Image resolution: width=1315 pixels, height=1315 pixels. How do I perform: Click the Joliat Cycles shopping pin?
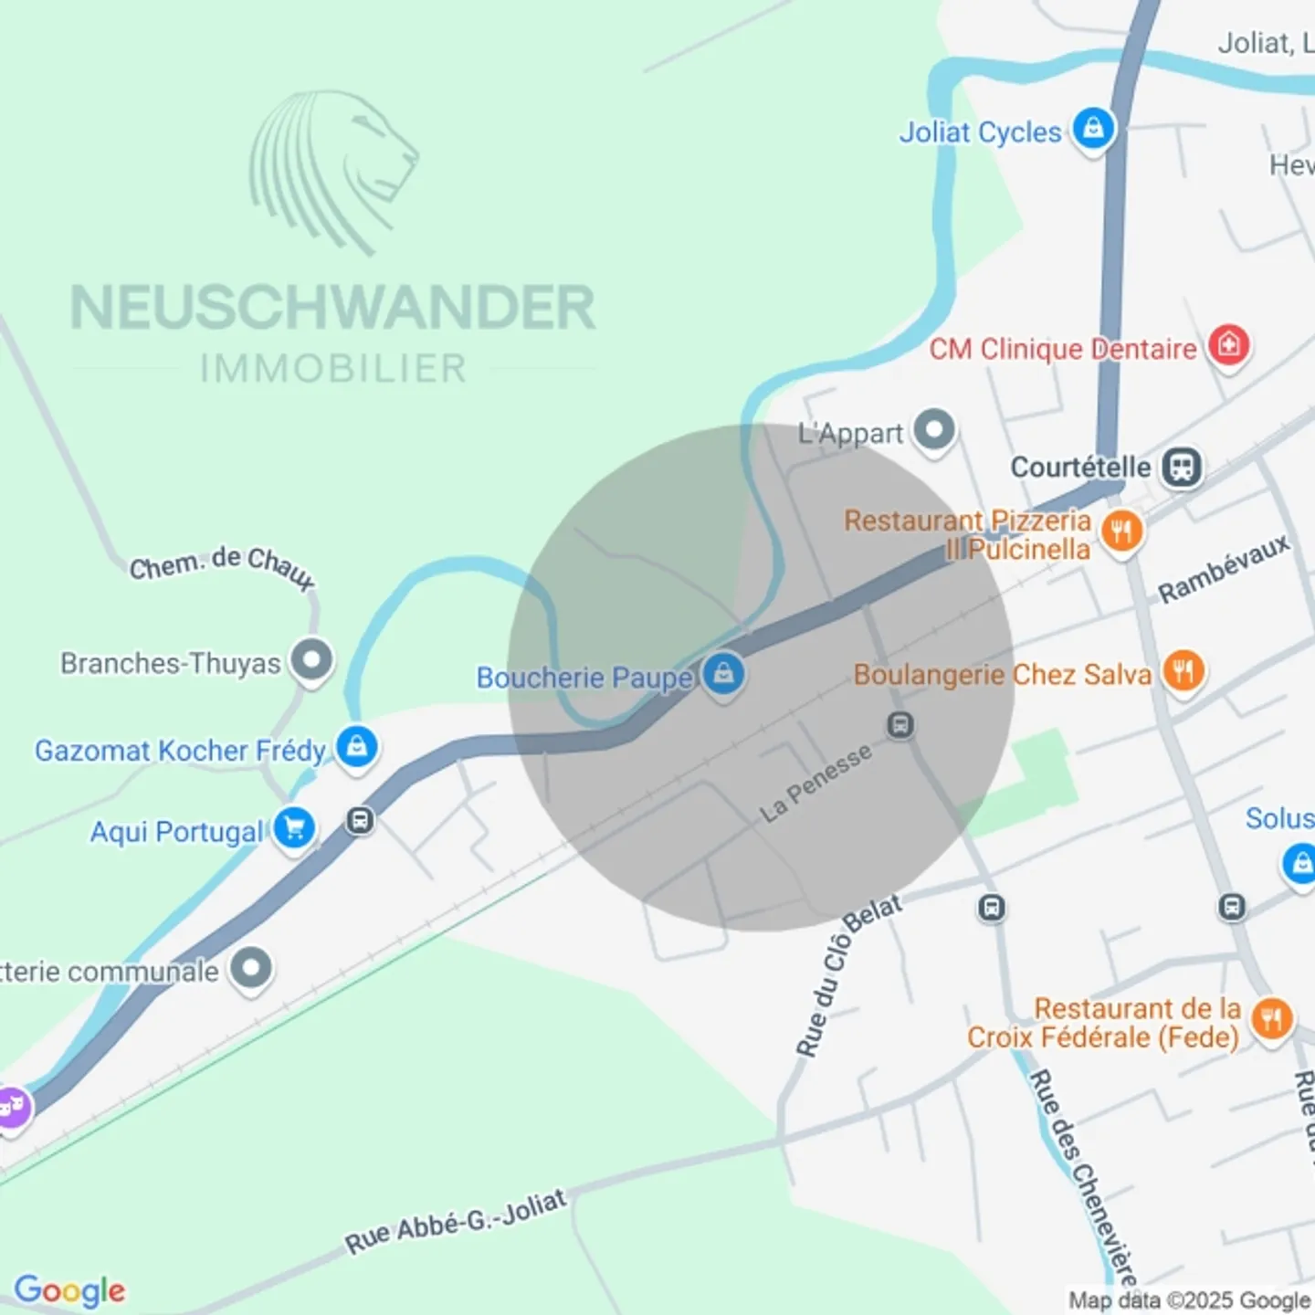1093,129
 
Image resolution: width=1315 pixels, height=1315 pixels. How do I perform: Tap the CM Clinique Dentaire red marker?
1228,345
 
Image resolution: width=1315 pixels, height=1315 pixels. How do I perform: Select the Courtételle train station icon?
1182,467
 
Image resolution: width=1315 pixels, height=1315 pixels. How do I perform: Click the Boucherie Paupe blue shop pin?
724,675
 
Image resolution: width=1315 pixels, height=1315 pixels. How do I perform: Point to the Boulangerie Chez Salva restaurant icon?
1183,671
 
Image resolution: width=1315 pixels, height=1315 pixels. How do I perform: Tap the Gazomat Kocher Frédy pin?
356,746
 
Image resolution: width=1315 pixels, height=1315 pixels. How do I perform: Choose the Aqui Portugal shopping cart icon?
294,828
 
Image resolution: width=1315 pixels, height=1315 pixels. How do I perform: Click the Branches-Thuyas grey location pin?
311,659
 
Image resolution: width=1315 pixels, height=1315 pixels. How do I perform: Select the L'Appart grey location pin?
934,428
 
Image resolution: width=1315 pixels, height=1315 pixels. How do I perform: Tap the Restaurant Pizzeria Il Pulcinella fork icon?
1121,531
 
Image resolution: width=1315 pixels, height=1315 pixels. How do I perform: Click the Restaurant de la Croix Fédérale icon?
1271,1017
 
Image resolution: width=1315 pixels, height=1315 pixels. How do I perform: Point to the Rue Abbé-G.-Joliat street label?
456,1221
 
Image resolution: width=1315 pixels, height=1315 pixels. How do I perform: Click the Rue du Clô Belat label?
847,974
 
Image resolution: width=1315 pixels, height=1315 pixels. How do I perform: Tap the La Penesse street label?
815,783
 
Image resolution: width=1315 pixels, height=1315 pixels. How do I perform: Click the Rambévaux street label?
1224,568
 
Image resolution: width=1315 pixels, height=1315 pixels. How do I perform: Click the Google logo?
69,1290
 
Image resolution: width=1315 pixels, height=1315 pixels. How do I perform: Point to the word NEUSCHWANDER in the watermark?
333,308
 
